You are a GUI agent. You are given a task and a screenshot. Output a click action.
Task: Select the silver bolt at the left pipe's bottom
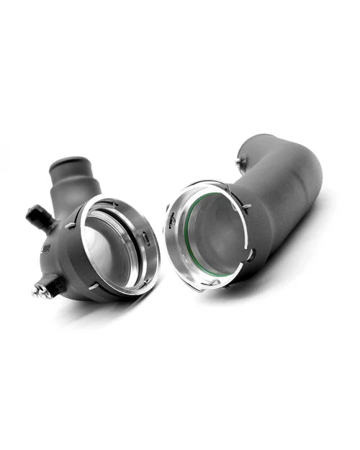(37, 290)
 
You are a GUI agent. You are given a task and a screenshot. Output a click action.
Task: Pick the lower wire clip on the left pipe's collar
(94, 286)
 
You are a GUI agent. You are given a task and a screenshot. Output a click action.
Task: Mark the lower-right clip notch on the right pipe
(250, 253)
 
